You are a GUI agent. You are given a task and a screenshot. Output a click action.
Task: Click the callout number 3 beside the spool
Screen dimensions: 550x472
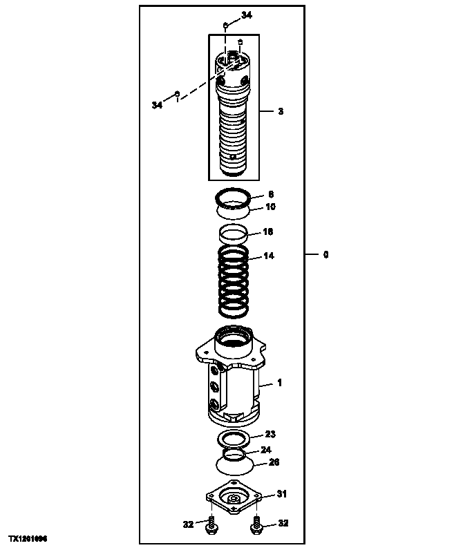tap(280, 111)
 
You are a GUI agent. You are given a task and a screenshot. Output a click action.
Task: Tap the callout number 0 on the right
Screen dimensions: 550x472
tap(325, 254)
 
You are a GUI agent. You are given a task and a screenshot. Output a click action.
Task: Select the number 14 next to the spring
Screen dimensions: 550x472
tap(269, 256)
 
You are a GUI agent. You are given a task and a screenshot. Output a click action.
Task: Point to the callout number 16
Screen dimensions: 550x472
tap(269, 231)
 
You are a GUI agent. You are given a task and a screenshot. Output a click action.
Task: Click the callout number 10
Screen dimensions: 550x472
tap(270, 207)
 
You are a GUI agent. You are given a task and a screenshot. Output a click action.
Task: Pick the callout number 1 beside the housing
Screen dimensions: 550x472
tap(280, 382)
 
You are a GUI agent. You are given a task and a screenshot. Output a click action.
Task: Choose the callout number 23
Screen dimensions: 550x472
tap(270, 434)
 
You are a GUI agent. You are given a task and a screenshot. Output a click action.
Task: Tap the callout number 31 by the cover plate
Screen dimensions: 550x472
tap(281, 493)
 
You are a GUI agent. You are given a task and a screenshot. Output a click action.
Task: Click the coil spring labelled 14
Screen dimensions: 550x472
tap(234, 283)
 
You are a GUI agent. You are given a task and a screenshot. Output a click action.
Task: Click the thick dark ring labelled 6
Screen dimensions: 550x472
tap(234, 195)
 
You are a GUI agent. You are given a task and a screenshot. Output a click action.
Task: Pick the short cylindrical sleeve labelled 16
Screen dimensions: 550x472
tap(234, 234)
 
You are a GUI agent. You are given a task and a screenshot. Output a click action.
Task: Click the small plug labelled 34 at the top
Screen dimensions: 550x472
tap(226, 26)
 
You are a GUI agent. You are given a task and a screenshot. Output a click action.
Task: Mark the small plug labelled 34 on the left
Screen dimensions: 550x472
tap(178, 93)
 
